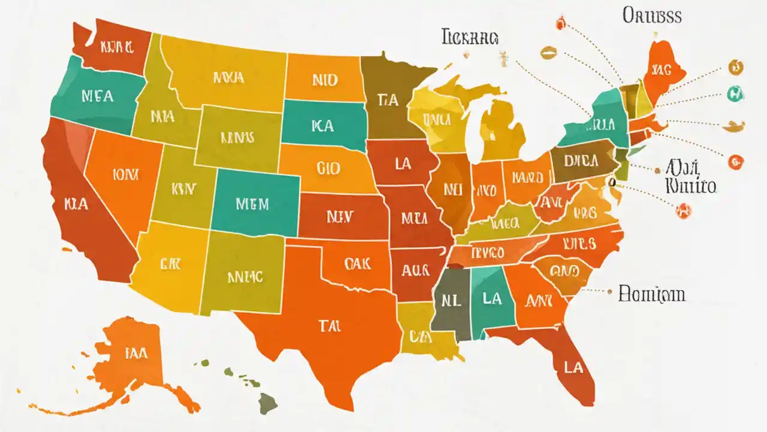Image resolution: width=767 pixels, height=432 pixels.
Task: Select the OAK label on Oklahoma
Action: pyautogui.click(x=358, y=263)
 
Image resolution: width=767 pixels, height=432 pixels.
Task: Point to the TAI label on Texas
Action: pyautogui.click(x=329, y=326)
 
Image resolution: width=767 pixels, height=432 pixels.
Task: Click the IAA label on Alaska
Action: pyautogui.click(x=136, y=353)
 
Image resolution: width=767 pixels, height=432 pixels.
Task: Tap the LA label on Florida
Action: pyautogui.click(x=573, y=367)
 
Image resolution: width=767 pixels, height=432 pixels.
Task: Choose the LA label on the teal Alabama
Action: pyautogui.click(x=491, y=298)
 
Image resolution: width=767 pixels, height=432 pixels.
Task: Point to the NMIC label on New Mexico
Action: pyautogui.click(x=245, y=277)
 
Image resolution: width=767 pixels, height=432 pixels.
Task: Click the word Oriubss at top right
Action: pyautogui.click(x=652, y=16)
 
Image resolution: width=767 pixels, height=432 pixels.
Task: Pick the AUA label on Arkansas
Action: pyautogui.click(x=415, y=271)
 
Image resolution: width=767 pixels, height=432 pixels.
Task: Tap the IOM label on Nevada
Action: pyautogui.click(x=125, y=175)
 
